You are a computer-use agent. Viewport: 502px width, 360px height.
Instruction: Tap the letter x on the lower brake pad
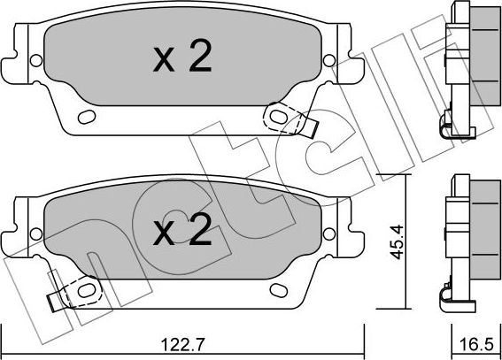[164, 234]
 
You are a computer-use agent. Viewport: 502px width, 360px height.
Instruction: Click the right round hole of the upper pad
[328, 61]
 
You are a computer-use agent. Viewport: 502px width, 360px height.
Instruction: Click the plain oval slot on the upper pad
[86, 118]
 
